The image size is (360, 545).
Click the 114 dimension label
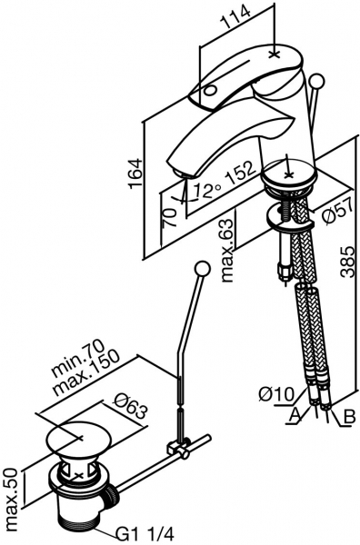click(236, 17)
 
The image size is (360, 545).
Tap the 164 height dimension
click(135, 173)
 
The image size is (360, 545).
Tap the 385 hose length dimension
click(347, 263)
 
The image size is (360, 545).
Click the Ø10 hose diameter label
click(276, 394)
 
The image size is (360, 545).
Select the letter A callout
click(295, 415)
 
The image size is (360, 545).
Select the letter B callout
click(349, 416)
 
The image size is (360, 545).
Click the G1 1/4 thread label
click(145, 534)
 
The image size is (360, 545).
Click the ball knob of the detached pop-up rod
click(202, 269)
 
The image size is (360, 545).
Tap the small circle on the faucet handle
click(210, 91)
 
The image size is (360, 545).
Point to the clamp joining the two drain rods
click(178, 450)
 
